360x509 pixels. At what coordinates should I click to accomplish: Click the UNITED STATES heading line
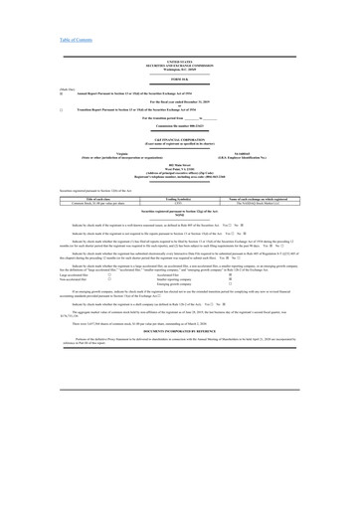point(179,62)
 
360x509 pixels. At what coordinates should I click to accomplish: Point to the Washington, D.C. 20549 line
point(179,70)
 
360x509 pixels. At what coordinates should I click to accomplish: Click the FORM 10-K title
point(179,80)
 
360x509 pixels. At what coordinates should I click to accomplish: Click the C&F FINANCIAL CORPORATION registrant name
point(179,144)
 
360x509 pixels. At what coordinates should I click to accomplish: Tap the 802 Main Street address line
point(179,166)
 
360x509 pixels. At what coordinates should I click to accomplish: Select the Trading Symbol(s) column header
point(179,199)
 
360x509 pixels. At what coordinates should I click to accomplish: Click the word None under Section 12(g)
point(179,216)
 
